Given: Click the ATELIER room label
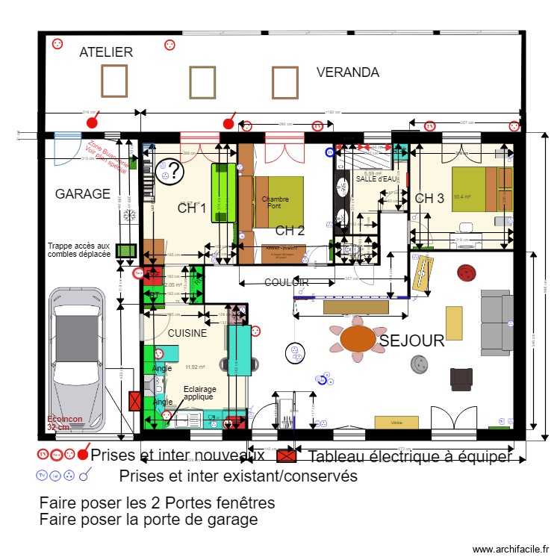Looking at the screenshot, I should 106,52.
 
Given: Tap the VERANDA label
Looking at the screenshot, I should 347,72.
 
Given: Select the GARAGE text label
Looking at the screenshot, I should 82,194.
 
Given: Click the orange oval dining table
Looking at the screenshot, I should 358,338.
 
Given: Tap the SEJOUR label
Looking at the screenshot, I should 411,341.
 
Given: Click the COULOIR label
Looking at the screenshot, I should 286,283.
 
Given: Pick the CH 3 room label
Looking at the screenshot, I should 429,198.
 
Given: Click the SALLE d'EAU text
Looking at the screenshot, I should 377,179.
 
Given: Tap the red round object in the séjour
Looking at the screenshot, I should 467,271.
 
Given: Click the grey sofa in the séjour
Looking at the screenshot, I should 495,321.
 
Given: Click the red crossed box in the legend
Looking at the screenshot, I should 285,455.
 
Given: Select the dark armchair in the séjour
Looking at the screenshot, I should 461,379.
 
